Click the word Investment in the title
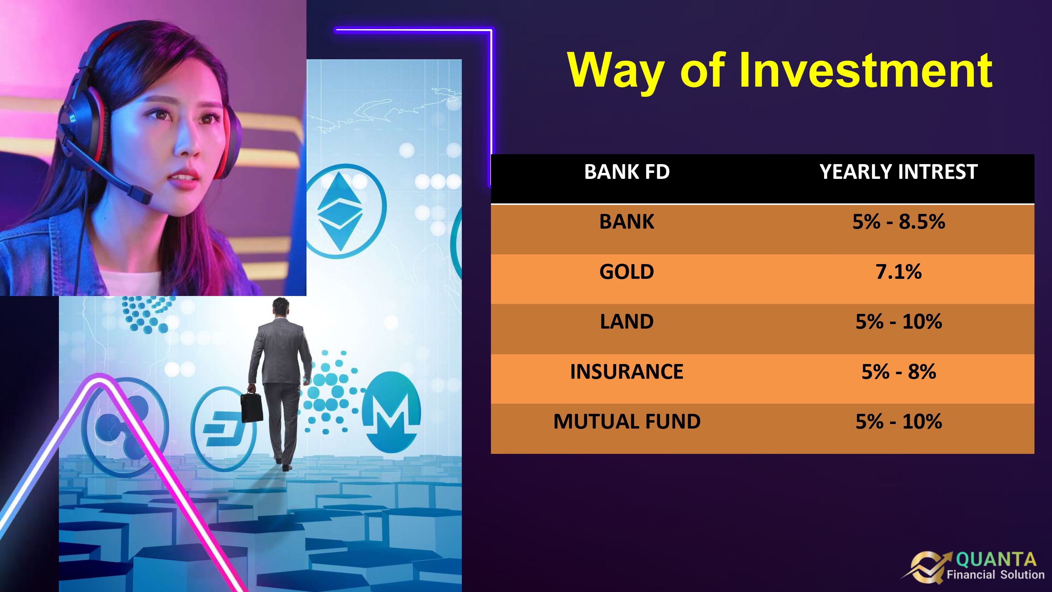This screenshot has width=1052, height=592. (865, 70)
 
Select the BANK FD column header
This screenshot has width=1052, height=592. (627, 171)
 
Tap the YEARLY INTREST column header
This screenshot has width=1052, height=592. (898, 171)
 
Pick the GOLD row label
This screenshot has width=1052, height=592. (627, 272)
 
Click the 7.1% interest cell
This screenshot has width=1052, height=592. (898, 272)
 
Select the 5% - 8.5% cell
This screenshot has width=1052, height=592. (898, 222)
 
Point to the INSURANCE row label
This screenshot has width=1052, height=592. (627, 372)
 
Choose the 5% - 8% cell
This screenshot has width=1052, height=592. (898, 372)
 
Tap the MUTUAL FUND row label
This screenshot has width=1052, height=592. (627, 422)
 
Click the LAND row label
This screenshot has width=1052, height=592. (627, 322)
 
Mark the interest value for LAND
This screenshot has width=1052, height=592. (898, 322)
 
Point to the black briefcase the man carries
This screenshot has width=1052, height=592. (252, 407)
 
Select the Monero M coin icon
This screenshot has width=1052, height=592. (391, 412)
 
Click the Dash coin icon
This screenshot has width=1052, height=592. (223, 428)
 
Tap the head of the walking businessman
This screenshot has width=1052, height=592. (281, 307)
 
